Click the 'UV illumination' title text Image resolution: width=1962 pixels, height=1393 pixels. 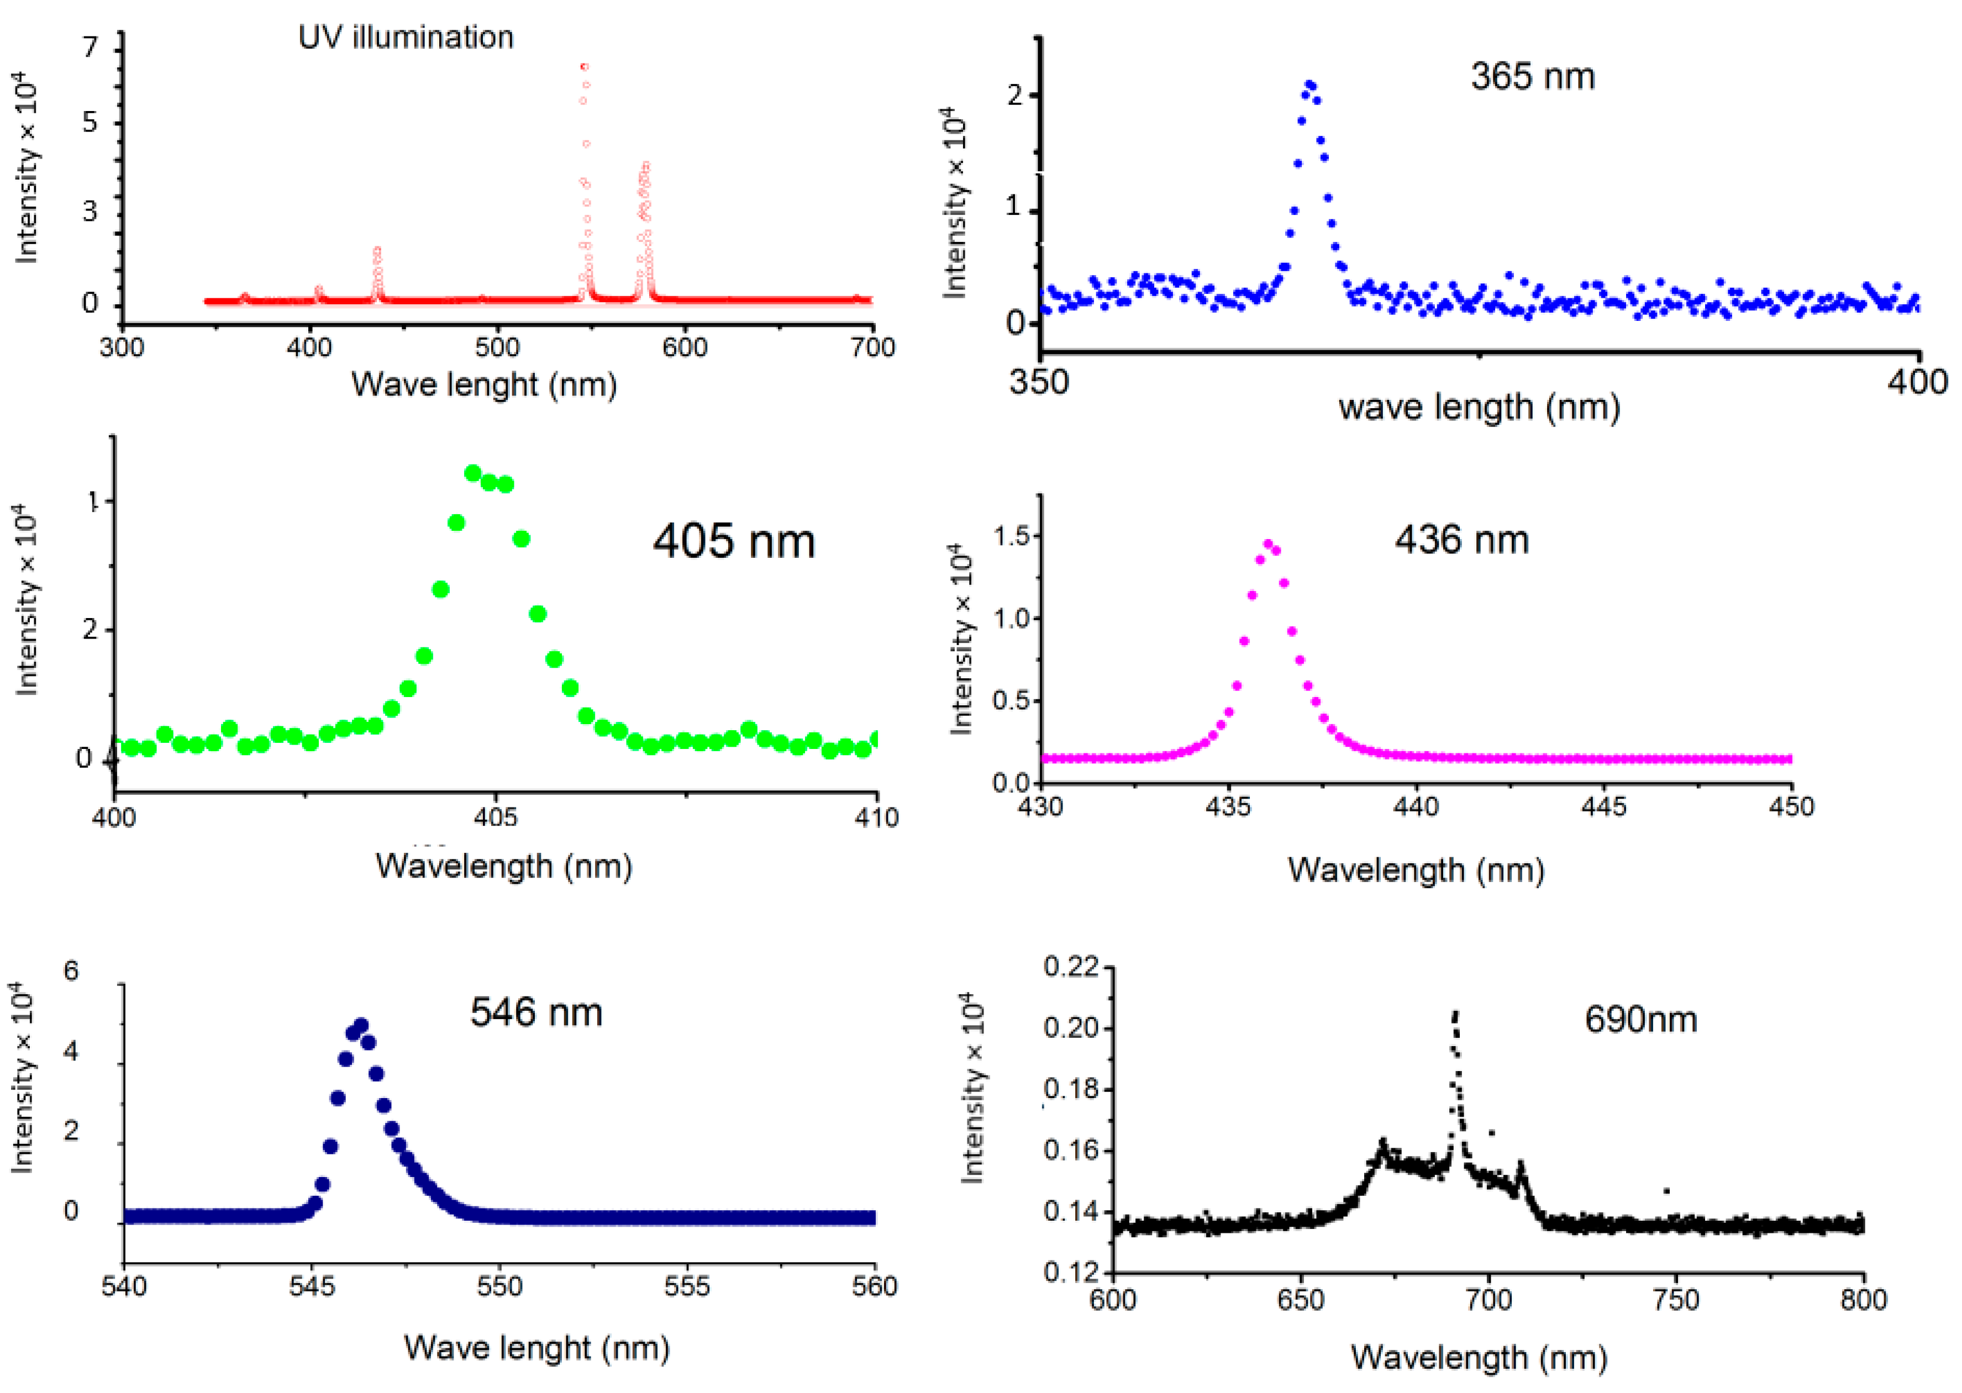pyautogui.click(x=406, y=37)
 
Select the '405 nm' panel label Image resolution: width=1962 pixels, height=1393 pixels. pyautogui.click(x=734, y=541)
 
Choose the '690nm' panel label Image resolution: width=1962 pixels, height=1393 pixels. pyautogui.click(x=1640, y=1019)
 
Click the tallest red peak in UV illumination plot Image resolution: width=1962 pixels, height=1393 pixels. pyautogui.click(x=584, y=66)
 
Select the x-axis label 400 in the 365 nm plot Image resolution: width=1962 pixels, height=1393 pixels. pyautogui.click(x=1917, y=381)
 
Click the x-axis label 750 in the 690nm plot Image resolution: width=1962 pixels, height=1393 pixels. pyautogui.click(x=1675, y=1300)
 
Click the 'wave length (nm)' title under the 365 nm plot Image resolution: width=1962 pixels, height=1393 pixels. pyautogui.click(x=1479, y=407)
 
